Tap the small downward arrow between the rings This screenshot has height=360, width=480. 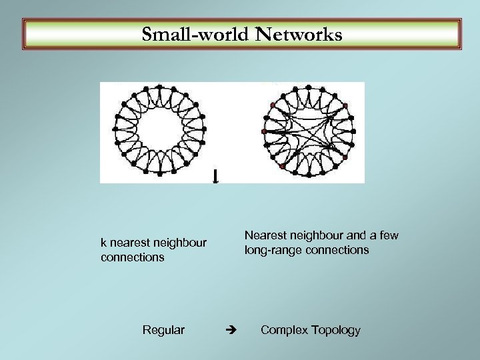click(215, 176)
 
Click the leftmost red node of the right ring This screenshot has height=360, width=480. click(263, 132)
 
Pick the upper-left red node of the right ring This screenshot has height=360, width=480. click(273, 105)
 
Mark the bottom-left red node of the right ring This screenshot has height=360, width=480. click(283, 166)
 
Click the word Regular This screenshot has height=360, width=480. click(164, 330)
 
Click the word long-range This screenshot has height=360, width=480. click(271, 250)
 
